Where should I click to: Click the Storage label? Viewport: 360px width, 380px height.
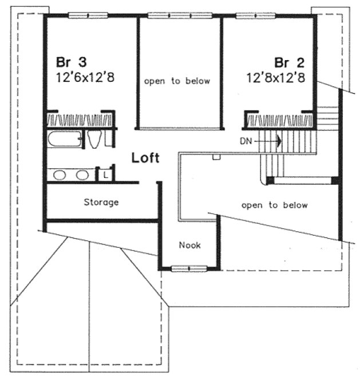coord(101,202)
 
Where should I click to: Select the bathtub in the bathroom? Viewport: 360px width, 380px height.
coord(64,139)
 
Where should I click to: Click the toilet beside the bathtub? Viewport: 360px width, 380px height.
coord(96,139)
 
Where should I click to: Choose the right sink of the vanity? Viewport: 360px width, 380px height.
coord(83,175)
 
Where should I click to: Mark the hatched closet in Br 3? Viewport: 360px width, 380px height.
coord(80,120)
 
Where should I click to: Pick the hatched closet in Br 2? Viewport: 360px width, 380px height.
coord(279,120)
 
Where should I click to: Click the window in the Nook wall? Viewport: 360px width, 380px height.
coord(189,267)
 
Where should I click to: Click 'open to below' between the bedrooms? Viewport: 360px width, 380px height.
coord(177,81)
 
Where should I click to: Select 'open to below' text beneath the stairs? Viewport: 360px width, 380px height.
coord(274,205)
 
